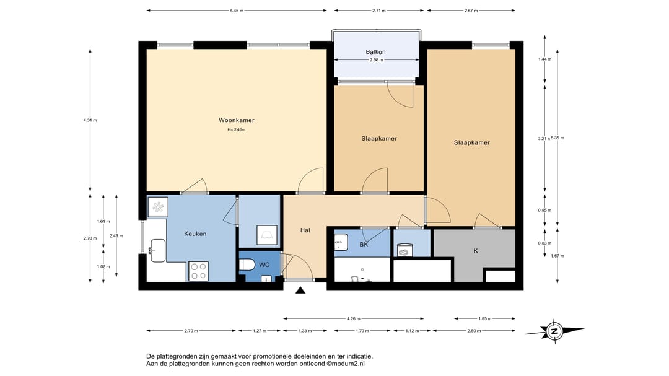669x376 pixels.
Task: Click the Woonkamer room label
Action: point(237,120)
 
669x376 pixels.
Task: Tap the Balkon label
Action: point(375,52)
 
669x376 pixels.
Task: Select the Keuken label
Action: point(195,234)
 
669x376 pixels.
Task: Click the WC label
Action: point(264,265)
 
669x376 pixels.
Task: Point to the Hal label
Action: point(305,230)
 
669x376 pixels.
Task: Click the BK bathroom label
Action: point(364,245)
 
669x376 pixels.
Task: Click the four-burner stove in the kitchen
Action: point(198,271)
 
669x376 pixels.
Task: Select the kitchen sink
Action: point(158,250)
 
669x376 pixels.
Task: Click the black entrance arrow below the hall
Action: point(300,291)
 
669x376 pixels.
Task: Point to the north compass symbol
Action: point(554,331)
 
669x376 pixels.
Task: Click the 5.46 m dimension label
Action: point(237,11)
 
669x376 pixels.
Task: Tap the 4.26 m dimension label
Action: point(353,318)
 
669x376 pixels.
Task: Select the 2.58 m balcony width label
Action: point(376,59)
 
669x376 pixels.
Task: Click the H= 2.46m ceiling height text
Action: point(237,129)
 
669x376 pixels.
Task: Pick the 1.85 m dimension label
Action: point(484,318)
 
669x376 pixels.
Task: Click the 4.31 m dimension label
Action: point(90,120)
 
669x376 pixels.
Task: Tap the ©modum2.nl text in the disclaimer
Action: point(346,364)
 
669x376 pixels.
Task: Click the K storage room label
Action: point(476,251)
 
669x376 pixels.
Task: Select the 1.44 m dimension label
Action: point(545,59)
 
